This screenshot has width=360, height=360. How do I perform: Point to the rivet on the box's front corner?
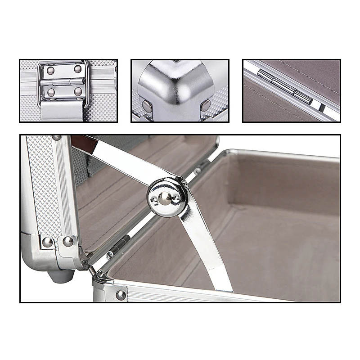point(121,295)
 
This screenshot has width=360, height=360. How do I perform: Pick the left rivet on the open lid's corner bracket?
point(47,242)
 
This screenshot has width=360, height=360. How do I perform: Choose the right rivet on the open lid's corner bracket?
point(68,241)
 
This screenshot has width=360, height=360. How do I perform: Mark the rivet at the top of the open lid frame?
point(56,138)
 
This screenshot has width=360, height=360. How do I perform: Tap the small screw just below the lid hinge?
point(110,255)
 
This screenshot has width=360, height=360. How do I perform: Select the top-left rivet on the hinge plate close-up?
point(50,70)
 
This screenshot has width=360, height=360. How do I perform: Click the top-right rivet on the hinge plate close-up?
point(78,69)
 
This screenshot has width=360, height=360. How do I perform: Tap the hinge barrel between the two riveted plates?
point(63,81)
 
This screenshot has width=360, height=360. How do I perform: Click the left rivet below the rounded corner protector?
point(147,106)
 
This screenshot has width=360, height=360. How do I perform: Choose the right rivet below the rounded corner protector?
point(206,105)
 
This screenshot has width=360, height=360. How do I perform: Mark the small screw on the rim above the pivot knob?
point(197,171)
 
